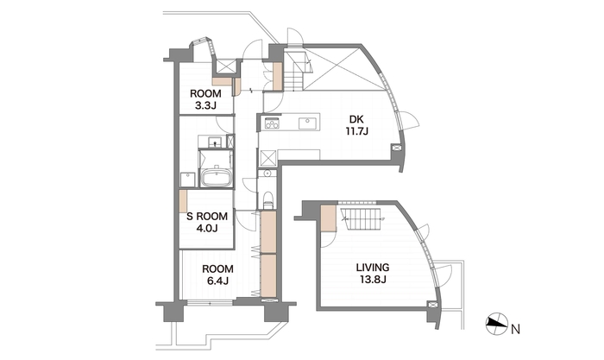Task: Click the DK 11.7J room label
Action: [357, 125]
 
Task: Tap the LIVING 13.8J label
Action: [373, 273]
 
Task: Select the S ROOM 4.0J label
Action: [207, 222]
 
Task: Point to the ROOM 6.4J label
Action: [217, 275]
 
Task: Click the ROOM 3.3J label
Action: [205, 99]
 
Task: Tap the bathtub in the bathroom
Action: [216, 178]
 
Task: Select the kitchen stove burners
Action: [272, 123]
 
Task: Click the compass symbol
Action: [496, 324]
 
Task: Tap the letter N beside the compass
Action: [515, 330]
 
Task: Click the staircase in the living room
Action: [361, 219]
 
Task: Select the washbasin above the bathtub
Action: [214, 142]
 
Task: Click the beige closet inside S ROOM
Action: [183, 201]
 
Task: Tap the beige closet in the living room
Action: [329, 218]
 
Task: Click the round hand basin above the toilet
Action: [268, 174]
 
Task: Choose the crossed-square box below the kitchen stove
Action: [267, 158]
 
